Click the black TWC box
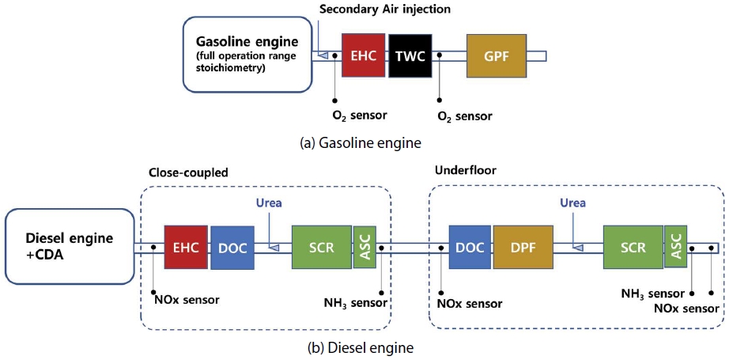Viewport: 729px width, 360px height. point(410,55)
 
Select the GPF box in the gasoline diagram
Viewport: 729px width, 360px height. point(497,55)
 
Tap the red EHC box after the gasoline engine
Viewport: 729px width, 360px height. point(363,55)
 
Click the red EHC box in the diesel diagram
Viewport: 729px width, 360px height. point(186,248)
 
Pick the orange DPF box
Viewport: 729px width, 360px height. point(523,248)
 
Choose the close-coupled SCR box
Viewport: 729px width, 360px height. point(322,247)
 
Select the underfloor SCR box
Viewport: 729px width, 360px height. point(633,247)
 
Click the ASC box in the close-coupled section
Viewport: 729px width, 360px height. point(365,247)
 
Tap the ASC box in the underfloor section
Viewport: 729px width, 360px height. point(676,247)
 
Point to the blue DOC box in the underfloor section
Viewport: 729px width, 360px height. point(470,248)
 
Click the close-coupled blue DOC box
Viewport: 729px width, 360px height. point(232,248)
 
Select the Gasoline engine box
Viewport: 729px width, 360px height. point(247,55)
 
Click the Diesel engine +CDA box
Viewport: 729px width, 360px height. point(70,247)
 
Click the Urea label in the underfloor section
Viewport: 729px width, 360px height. point(572,203)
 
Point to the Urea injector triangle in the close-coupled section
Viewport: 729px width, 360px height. point(274,248)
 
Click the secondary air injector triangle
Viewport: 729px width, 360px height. point(322,55)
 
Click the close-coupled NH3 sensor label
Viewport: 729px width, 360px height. point(355,303)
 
